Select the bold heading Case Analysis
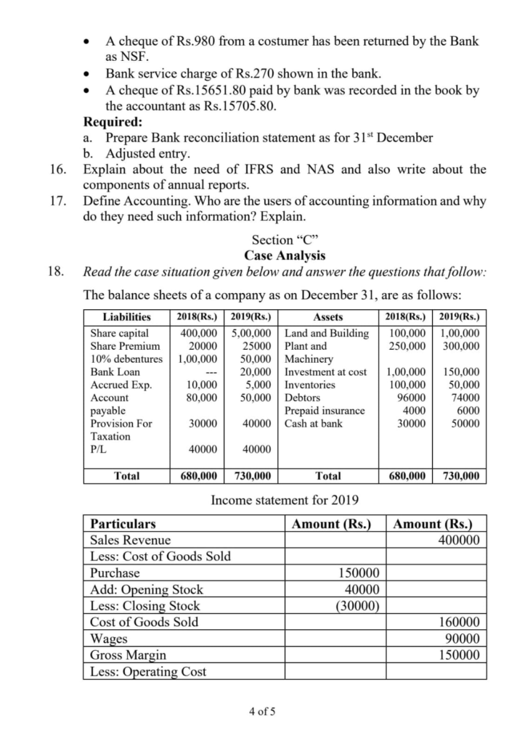tap(285, 255)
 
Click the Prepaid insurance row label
tap(325, 411)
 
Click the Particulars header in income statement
tap(123, 523)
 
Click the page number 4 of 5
tap(261, 710)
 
